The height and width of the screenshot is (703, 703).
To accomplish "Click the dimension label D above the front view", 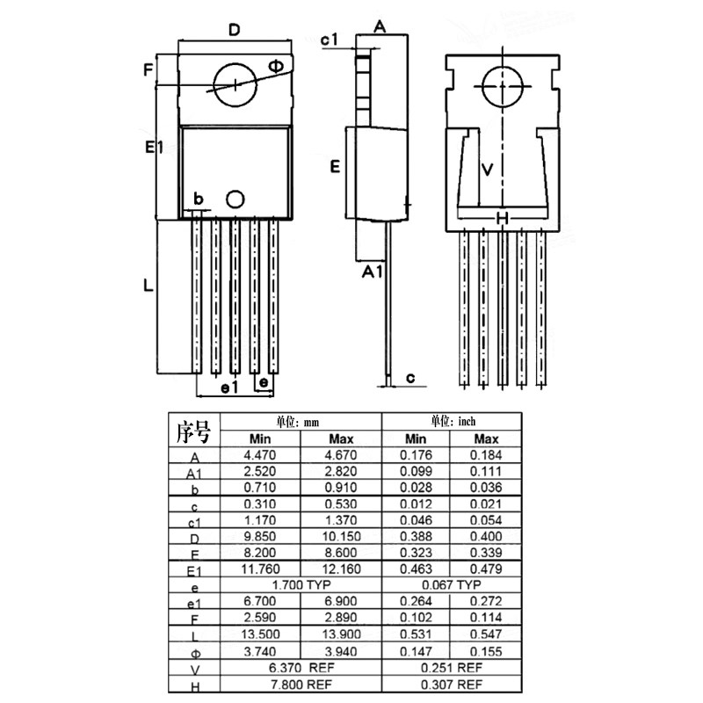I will [x=234, y=30].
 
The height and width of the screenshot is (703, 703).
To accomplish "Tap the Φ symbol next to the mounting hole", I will [x=275, y=67].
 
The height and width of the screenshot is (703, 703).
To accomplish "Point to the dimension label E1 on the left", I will [x=156, y=149].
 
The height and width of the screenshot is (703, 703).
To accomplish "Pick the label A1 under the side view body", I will [x=373, y=272].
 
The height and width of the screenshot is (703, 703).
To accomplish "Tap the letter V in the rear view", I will [x=489, y=169].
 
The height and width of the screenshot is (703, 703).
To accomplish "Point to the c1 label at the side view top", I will [x=330, y=40].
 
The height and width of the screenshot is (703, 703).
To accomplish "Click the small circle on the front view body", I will [x=235, y=199].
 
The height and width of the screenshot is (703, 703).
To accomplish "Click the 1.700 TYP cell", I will [x=301, y=584].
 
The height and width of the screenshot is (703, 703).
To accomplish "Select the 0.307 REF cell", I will [x=452, y=684].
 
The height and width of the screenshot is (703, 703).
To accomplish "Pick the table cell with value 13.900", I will [x=340, y=634].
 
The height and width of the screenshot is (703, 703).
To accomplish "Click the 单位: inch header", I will [x=452, y=421].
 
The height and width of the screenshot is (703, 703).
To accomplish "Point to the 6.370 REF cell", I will [x=301, y=667].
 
